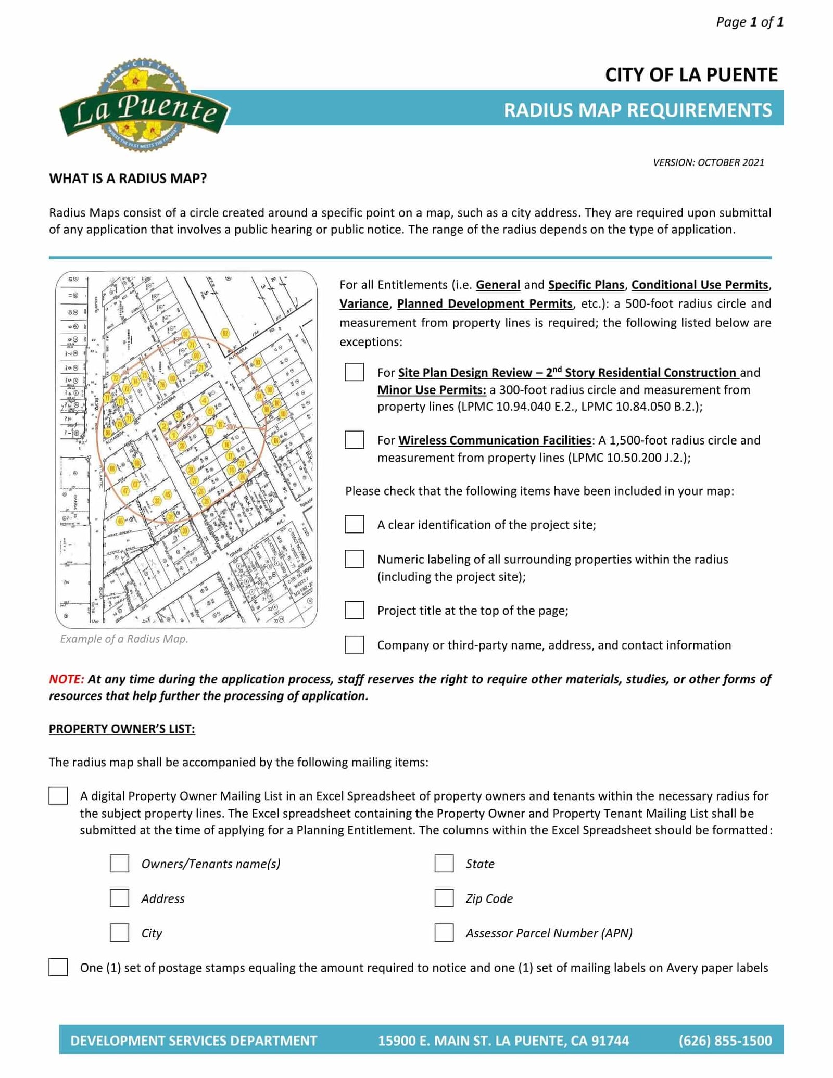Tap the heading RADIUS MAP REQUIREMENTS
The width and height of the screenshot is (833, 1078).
coord(637,110)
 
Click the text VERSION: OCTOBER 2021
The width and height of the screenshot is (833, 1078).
coord(708,162)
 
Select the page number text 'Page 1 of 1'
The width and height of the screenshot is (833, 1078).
coord(749,22)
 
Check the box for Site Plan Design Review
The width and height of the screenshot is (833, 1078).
coord(354,372)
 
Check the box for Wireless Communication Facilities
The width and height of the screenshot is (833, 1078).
coord(354,440)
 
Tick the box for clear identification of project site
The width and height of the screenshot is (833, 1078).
coord(354,524)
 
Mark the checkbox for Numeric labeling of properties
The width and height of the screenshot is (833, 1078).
coord(354,559)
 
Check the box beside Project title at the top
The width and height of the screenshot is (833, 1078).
coord(354,610)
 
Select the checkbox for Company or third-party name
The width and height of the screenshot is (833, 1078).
coord(354,644)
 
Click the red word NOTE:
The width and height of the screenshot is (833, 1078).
coord(66,679)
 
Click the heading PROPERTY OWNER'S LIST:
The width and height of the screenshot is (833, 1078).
coord(122,729)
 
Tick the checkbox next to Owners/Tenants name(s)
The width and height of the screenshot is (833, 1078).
coord(119,864)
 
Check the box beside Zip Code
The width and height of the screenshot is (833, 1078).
coord(444,898)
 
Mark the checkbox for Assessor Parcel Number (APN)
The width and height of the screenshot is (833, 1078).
coord(444,933)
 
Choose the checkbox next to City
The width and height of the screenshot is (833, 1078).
coord(119,933)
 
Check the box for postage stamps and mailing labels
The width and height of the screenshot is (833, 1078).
coord(58,967)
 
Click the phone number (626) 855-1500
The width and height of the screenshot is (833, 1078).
coord(725,1041)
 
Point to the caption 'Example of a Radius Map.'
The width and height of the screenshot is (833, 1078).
coord(124,639)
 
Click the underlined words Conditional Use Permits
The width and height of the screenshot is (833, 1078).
coord(700,285)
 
